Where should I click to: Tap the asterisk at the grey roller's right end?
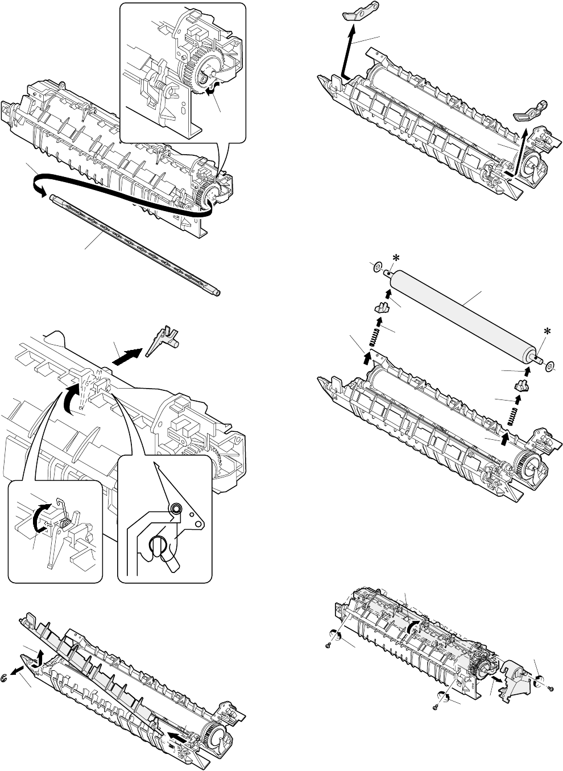tap(548, 331)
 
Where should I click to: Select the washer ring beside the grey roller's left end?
tap(376, 267)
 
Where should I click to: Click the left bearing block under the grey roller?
tap(382, 309)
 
